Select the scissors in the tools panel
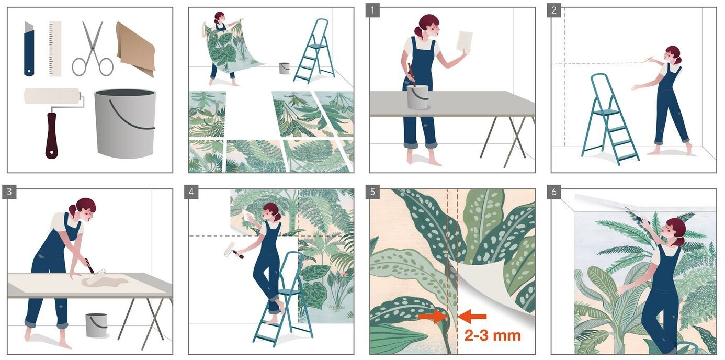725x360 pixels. point(92,49)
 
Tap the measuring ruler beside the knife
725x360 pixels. point(55,49)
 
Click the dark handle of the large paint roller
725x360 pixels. point(51,136)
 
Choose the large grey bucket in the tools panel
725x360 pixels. point(125,123)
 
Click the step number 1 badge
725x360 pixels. point(372,10)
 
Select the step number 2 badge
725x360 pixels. point(553,10)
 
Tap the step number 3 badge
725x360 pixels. point(9,192)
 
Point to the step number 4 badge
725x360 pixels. point(191,192)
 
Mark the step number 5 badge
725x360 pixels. point(372,192)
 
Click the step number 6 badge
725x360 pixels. point(553,192)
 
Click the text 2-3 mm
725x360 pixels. point(493,336)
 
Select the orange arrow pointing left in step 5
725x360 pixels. point(472,317)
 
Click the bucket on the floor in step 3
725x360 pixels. point(96,325)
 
